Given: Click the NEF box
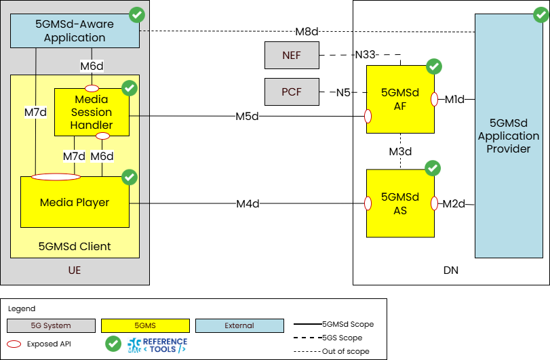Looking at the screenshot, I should click(292, 55).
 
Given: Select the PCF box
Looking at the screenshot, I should click(292, 92).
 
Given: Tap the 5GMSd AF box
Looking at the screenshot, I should click(400, 99).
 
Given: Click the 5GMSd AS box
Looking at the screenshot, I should click(400, 203).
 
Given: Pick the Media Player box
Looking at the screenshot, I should click(75, 202).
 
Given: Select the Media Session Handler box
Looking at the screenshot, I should click(92, 113).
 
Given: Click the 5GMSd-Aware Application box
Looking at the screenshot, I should click(75, 31).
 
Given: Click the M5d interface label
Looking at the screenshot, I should click(248, 116).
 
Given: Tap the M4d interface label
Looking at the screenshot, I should click(248, 203).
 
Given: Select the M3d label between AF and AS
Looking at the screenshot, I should click(401, 151).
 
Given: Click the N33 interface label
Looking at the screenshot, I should click(366, 55).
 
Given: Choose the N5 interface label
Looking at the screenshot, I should click(343, 92).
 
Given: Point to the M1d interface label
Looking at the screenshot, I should click(454, 100).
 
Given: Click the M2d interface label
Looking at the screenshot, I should click(454, 203).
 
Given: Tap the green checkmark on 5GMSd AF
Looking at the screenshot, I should click(434, 66).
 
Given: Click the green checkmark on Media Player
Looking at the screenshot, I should click(129, 177).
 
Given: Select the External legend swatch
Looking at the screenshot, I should click(239, 325).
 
